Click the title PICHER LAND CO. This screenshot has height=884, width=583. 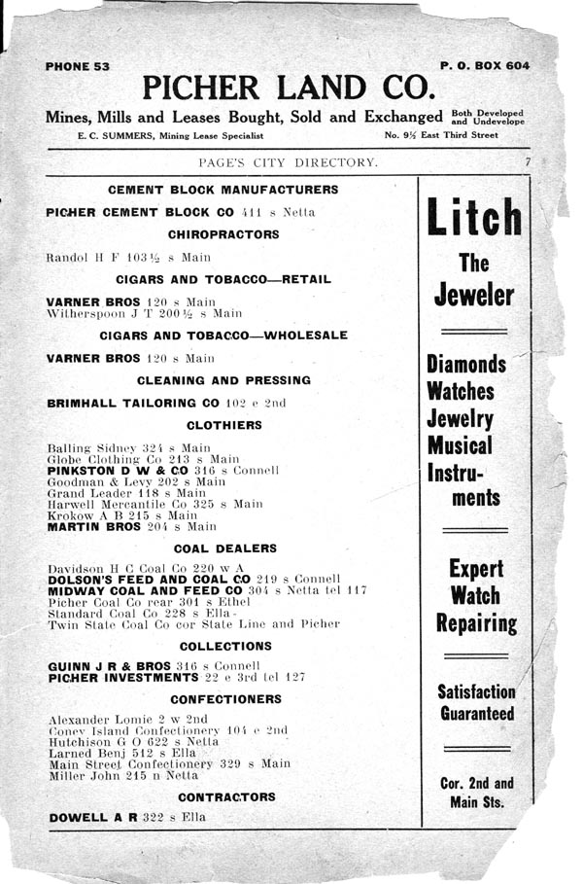coord(287,88)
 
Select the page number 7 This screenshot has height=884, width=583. coord(526,161)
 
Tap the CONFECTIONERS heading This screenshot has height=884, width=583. coord(225,698)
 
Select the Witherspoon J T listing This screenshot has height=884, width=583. coord(144,314)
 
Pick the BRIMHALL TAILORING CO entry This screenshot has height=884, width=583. coord(166,403)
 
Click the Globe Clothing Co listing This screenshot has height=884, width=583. coord(143,458)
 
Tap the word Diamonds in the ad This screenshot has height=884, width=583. coord(466,365)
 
